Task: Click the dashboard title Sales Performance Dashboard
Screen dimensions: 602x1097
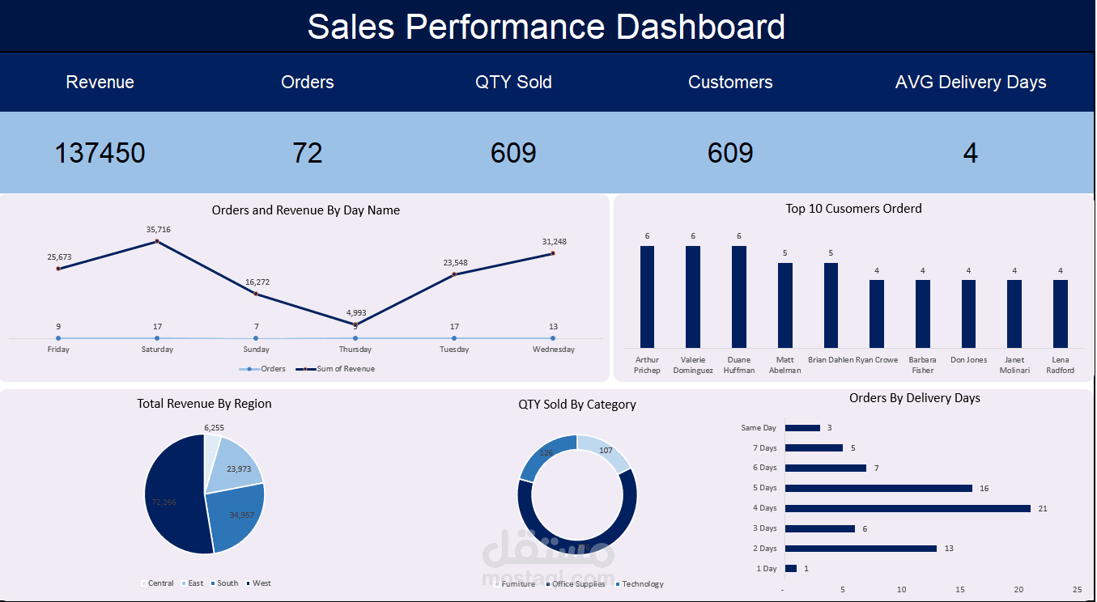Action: [546, 27]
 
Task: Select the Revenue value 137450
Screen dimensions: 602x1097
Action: [100, 153]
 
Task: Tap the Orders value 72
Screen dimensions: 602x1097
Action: [308, 153]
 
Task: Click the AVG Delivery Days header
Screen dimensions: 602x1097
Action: [970, 83]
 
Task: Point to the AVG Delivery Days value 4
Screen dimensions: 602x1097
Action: [970, 153]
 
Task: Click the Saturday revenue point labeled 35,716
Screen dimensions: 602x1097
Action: [158, 241]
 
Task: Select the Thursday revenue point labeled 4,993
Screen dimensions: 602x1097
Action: [355, 324]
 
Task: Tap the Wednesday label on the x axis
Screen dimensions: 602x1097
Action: [553, 350]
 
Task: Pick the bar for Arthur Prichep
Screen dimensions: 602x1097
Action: [647, 296]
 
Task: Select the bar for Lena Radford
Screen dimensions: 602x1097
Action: [1060, 313]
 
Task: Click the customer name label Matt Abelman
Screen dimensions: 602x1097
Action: [784, 365]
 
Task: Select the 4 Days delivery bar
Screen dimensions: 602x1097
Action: [907, 508]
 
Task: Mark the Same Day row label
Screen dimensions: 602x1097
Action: [758, 428]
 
